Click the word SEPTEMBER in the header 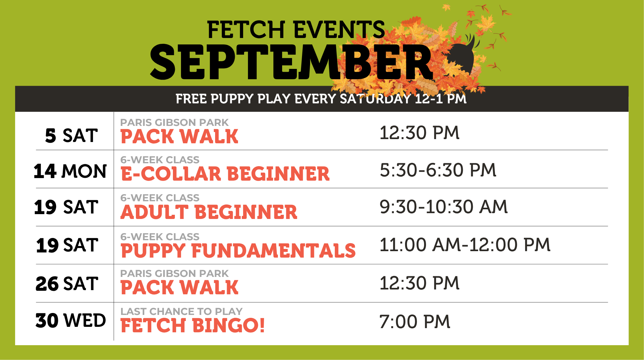[x=291, y=62]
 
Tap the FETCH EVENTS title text [x=296, y=30]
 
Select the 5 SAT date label [x=71, y=136]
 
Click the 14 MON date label [x=70, y=171]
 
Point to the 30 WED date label [x=71, y=320]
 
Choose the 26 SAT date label [x=67, y=284]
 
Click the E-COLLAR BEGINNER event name [x=225, y=174]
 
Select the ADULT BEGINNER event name [x=209, y=212]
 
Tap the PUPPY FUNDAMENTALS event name [x=238, y=251]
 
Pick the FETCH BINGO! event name [x=193, y=325]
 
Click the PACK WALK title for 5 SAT [x=179, y=136]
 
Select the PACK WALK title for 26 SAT [x=179, y=287]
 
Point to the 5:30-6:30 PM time [x=438, y=170]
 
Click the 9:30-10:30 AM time [x=443, y=207]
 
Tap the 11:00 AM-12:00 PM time [x=465, y=245]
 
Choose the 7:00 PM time [x=415, y=322]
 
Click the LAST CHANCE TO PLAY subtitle [x=181, y=311]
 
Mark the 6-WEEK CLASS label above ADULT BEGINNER [x=160, y=198]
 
